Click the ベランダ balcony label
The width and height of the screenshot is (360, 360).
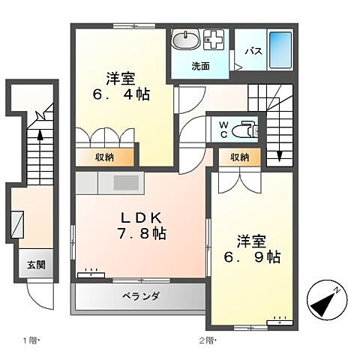click(x=139, y=295)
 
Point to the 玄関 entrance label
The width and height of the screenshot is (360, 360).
click(x=37, y=264)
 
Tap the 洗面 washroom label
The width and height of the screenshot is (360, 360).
click(x=199, y=66)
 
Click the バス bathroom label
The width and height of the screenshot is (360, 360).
click(x=253, y=52)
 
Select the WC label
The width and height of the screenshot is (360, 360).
click(x=224, y=129)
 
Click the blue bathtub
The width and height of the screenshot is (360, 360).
click(x=279, y=50)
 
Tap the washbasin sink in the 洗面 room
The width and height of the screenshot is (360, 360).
click(x=184, y=40)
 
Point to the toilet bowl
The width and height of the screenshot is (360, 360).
click(x=244, y=130)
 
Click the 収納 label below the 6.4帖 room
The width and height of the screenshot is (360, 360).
click(x=104, y=157)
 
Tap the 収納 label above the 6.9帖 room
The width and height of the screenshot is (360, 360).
click(x=239, y=157)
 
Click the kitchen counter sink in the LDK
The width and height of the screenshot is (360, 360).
click(x=124, y=184)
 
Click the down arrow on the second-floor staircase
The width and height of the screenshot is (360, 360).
click(x=279, y=154)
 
